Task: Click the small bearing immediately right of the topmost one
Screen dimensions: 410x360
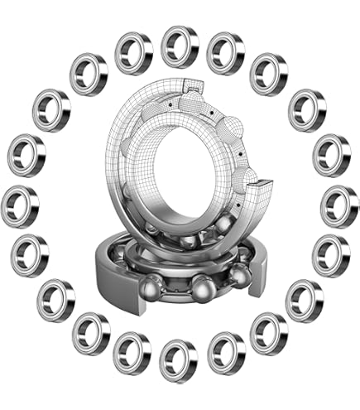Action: (226, 51)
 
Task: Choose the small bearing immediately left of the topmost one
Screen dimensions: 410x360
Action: (134, 51)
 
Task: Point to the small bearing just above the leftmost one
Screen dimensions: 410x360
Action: (26, 154)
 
